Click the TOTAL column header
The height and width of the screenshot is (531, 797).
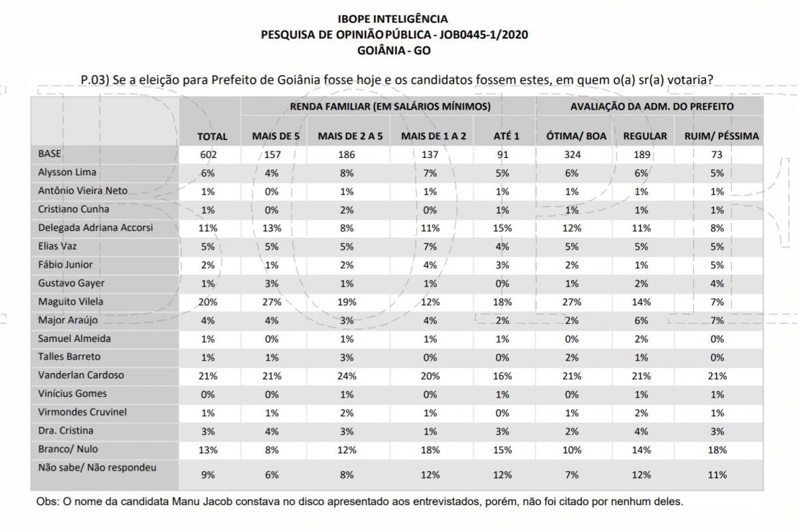coord(212,136)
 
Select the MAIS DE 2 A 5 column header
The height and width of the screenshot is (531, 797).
coord(350,136)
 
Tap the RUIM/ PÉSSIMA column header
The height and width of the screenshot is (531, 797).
coord(721,136)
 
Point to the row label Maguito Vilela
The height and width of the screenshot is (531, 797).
coord(70,301)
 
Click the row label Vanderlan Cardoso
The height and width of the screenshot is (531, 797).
coord(81,375)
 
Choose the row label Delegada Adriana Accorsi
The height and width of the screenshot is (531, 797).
coord(96,228)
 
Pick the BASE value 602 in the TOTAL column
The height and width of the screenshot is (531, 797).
coord(208,155)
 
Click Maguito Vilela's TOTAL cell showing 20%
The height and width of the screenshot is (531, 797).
coord(208,302)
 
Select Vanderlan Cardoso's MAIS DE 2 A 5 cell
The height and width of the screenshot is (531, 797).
coord(347,376)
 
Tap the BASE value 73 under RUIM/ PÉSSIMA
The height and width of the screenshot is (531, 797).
coord(717,155)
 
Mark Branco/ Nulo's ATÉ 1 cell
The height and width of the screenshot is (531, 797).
coord(502,450)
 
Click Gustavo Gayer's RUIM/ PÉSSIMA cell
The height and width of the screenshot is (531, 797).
coord(717,283)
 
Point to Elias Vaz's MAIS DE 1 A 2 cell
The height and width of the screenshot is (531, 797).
coord(430,246)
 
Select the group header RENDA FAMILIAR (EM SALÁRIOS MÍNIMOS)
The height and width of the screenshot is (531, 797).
coord(391,106)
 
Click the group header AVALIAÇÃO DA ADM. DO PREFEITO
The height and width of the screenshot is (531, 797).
coord(652,106)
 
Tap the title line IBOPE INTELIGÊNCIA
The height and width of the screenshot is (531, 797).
coord(393,19)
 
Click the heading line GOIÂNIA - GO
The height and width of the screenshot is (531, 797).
coord(394,50)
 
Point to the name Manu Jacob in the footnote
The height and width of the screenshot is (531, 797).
coord(202,502)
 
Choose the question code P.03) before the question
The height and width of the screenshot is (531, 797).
coord(94,80)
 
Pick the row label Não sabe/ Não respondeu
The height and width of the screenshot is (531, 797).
coord(97,467)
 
